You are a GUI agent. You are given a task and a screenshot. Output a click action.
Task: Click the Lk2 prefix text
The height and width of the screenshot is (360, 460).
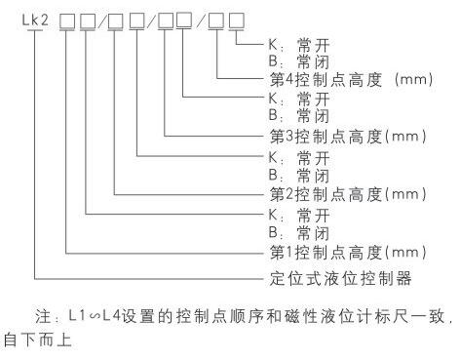click(x=35, y=20)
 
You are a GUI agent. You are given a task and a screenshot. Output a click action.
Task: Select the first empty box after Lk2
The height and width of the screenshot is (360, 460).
click(x=67, y=21)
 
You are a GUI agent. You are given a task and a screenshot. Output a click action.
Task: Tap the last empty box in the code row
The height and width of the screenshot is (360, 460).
click(x=237, y=20)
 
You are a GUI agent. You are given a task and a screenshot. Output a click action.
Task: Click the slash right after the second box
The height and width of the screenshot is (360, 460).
click(x=102, y=21)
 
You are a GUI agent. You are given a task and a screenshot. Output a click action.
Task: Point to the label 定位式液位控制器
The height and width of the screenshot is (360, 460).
click(x=340, y=278)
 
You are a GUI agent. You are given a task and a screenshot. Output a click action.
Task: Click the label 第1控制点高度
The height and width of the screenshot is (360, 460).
click(x=326, y=253)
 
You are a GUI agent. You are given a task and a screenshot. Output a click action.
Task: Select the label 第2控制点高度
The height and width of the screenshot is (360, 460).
click(x=326, y=194)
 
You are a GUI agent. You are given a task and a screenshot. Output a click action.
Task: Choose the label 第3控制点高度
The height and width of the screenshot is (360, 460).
click(x=326, y=137)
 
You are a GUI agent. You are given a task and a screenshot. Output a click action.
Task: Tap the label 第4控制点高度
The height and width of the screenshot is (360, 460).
click(x=326, y=79)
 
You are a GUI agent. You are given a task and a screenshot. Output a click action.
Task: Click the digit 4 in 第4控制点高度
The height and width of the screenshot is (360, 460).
click(x=289, y=79)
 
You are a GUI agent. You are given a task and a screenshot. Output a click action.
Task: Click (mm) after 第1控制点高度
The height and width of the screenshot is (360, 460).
click(x=405, y=253)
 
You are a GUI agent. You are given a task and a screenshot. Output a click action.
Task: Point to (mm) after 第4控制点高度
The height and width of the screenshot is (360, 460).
click(x=413, y=79)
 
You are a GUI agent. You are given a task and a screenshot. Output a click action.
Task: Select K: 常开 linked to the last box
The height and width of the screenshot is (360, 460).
click(x=299, y=45)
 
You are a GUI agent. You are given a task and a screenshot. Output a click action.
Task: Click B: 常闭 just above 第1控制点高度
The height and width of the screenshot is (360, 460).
click(x=299, y=233)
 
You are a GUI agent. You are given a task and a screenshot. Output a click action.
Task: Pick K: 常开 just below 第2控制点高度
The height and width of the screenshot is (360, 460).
click(x=299, y=216)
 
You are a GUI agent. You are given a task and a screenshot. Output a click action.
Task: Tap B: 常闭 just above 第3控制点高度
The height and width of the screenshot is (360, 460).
click(x=299, y=116)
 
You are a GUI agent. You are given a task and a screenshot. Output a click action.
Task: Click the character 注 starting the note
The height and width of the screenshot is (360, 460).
click(x=43, y=316)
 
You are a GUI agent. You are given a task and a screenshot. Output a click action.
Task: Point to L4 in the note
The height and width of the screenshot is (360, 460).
click(x=111, y=316)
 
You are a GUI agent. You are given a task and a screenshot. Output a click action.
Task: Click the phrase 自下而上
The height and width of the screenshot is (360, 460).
click(x=38, y=340)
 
